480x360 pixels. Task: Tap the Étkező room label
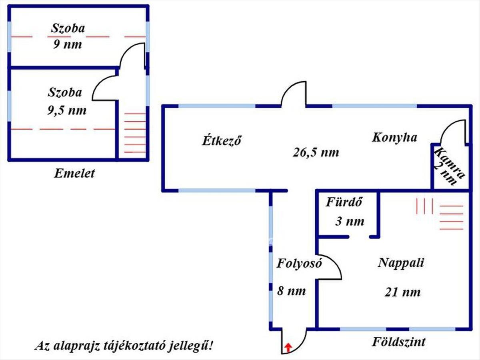coord(222,141)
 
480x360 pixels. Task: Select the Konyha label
coord(394,138)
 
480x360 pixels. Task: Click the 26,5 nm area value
coord(316,152)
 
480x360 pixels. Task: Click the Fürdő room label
coord(344,202)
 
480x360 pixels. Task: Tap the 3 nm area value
coord(350,221)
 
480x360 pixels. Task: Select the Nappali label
coord(401,263)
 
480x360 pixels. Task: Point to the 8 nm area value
coord(292,291)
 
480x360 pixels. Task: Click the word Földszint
coord(399,342)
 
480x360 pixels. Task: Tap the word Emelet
coord(75,174)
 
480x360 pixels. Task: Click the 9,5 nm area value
coord(67,110)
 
